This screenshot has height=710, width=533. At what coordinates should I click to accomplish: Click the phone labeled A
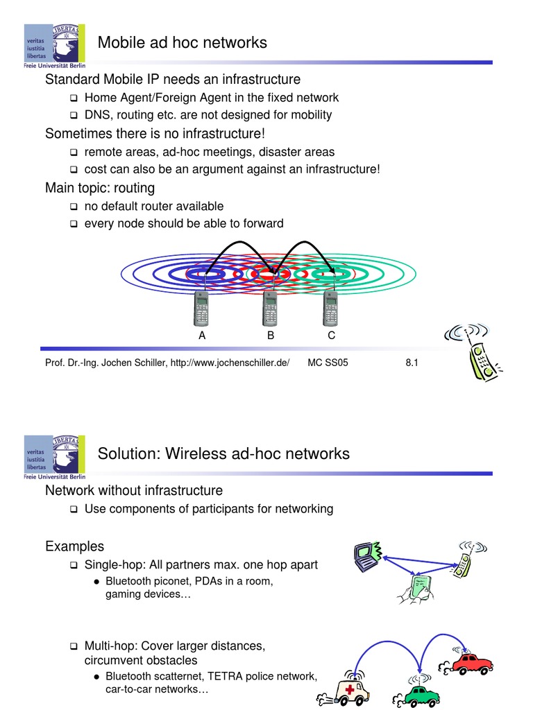[x=201, y=309]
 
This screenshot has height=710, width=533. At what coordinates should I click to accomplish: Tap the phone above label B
[x=270, y=309]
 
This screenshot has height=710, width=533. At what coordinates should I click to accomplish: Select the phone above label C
[x=331, y=309]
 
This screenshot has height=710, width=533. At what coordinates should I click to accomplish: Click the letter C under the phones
[x=332, y=336]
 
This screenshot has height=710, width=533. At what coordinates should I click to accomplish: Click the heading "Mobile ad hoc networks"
[x=182, y=42]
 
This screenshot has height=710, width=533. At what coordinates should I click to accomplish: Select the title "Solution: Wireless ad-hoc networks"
[x=223, y=453]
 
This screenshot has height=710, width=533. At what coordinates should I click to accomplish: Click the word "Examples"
[x=74, y=546]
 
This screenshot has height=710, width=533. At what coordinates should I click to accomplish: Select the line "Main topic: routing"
[x=100, y=188]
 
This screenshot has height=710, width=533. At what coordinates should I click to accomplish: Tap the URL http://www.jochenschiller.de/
[x=229, y=363]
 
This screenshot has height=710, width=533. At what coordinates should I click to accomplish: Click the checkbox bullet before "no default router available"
[x=74, y=207]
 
